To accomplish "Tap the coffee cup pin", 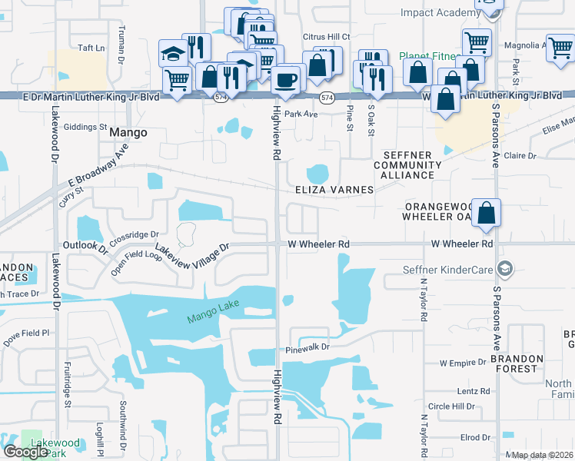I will click(x=286, y=80).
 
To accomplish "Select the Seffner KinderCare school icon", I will click(x=505, y=269).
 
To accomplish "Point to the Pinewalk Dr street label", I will click(x=307, y=347).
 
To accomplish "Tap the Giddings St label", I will click(x=85, y=127).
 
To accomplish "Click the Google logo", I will click(x=25, y=452).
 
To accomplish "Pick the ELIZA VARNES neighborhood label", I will click(x=334, y=190).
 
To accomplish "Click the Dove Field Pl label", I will click(x=27, y=333).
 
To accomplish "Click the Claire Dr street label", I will click(x=520, y=155).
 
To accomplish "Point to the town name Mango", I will click(x=128, y=132).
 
